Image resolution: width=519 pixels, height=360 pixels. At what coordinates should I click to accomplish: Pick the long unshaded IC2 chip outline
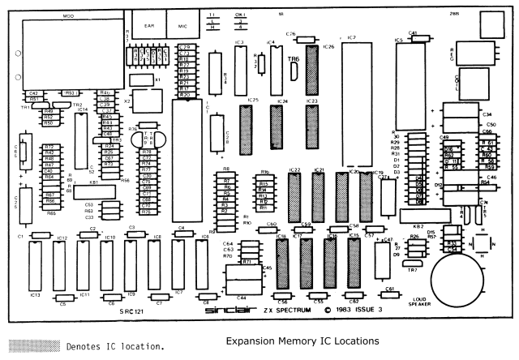352,81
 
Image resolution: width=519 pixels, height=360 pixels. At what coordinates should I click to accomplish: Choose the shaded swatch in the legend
32,345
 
